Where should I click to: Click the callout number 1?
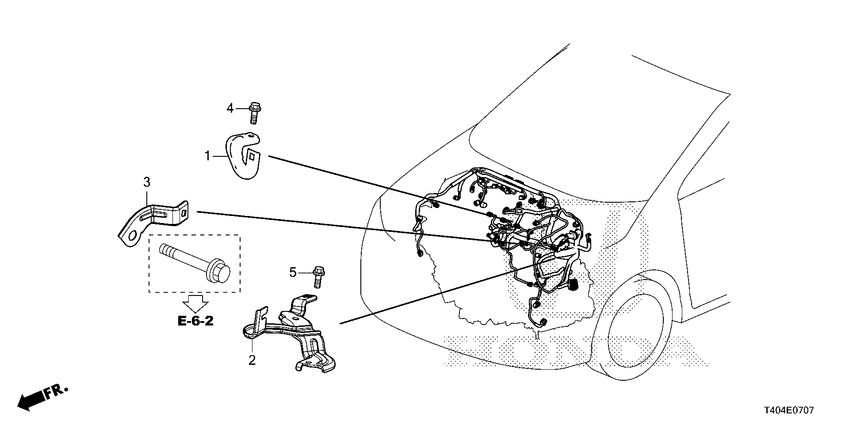[x=207, y=156]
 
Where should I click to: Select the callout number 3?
[x=146, y=182]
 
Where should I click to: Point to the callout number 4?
[x=230, y=108]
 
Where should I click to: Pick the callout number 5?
[x=293, y=273]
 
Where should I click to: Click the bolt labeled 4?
[x=254, y=113]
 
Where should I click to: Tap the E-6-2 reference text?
[x=195, y=321]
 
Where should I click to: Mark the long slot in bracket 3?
[x=153, y=216]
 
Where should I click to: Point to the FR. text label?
[x=56, y=391]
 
